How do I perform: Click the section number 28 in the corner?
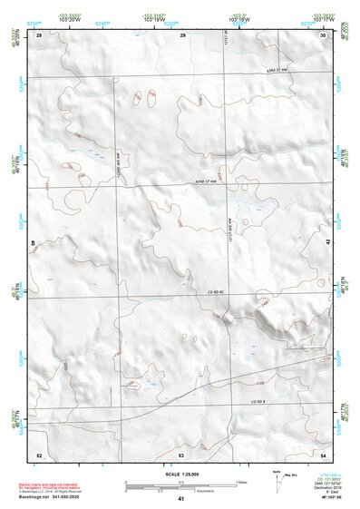click(39, 34)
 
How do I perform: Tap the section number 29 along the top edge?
click(182, 34)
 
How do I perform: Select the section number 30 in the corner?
click(324, 34)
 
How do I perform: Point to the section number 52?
click(39, 454)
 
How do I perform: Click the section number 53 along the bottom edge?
click(181, 454)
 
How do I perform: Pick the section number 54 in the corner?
click(324, 454)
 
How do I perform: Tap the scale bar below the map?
click(180, 486)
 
